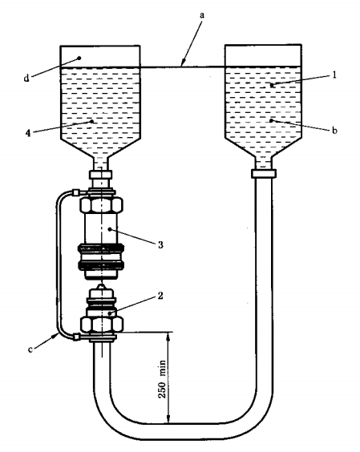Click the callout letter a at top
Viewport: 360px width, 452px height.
coord(202,15)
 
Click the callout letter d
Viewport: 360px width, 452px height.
coord(26,78)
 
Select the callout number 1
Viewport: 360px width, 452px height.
coord(334,75)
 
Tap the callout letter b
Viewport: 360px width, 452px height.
coord(334,131)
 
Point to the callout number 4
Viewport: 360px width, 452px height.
coord(28,133)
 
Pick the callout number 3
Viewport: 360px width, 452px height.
coord(160,244)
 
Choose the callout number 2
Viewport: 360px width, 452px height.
coord(160,296)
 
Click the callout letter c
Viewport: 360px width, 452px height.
coord(30,349)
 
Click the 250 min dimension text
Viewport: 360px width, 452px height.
coord(163,379)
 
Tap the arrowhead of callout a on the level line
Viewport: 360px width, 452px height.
coord(182,63)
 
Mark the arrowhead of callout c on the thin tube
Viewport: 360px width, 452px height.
coord(56,336)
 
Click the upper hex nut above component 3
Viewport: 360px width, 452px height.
coord(101,205)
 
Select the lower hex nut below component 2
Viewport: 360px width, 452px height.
coord(102,324)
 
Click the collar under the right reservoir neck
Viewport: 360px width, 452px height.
coord(263,174)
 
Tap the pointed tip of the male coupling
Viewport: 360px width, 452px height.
coord(100,285)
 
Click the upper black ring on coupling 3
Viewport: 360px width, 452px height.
coord(100,248)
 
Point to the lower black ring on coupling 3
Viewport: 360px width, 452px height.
coord(100,265)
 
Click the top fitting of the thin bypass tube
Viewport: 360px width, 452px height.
coord(75,192)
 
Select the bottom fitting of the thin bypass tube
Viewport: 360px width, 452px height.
coord(76,337)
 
